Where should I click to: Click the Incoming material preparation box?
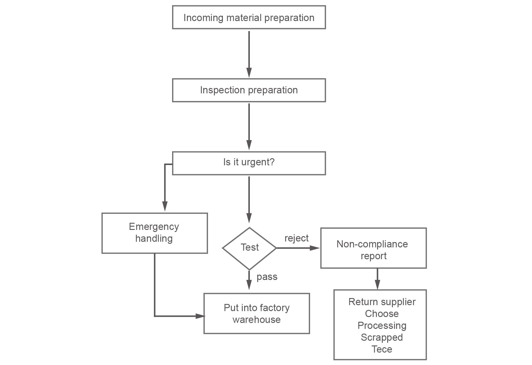(x=249, y=17)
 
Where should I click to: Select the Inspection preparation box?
(x=249, y=90)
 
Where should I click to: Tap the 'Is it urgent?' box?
(x=249, y=163)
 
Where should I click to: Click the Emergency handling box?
(x=154, y=233)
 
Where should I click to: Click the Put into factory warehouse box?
(x=256, y=313)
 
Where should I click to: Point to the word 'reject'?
(x=296, y=238)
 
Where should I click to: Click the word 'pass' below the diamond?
(x=267, y=277)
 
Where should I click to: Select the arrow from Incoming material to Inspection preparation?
(x=249, y=53)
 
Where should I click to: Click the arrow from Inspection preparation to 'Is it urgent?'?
(x=249, y=126)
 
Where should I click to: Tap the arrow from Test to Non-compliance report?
(x=297, y=248)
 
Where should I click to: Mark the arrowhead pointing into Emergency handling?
(x=165, y=206)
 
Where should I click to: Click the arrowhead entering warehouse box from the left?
(x=200, y=316)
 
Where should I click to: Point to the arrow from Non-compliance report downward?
(x=377, y=278)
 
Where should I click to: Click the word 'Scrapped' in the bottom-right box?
(x=382, y=337)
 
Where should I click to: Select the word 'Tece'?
(x=382, y=349)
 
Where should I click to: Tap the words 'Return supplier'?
(x=382, y=302)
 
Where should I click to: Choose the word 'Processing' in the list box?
(x=382, y=326)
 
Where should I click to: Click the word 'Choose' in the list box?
(x=382, y=314)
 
